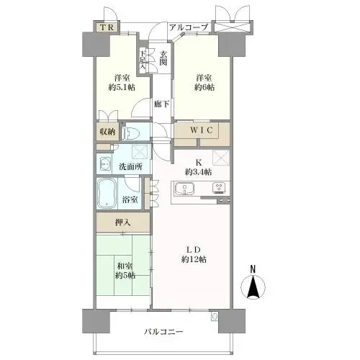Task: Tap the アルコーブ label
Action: (189, 27)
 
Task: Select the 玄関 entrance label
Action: (164, 59)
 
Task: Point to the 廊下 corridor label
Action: (161, 104)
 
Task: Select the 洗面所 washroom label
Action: (130, 167)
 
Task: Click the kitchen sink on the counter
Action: (186, 189)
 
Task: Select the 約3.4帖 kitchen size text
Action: (199, 173)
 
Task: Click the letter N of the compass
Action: (253, 269)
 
